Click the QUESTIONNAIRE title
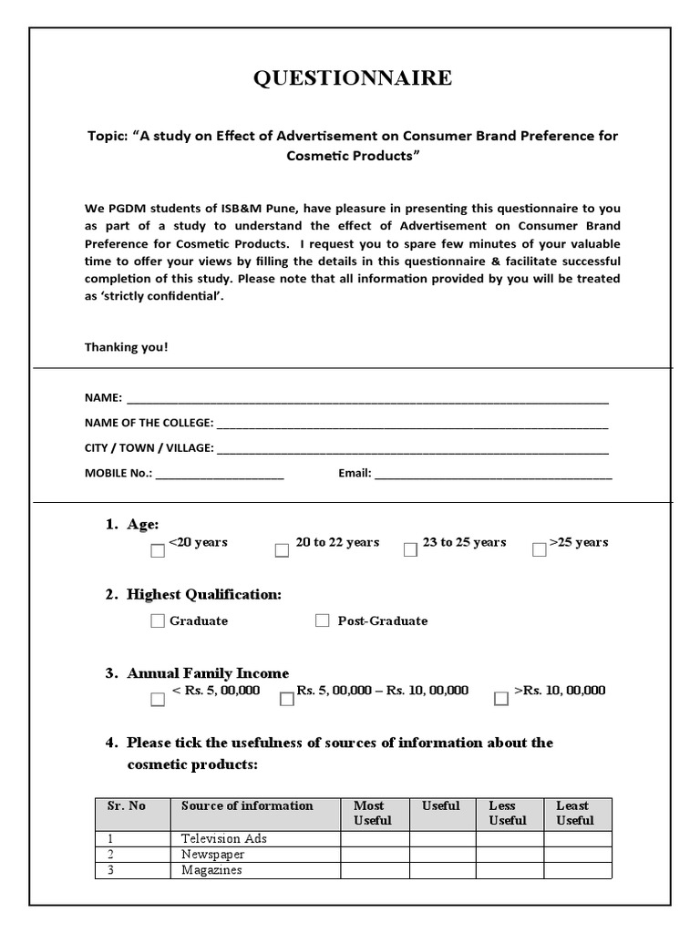[x=351, y=78]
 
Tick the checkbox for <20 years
[x=158, y=550]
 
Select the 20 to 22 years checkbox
[x=282, y=550]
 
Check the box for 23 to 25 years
[x=410, y=550]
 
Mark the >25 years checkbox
[x=539, y=550]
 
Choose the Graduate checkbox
[x=158, y=620]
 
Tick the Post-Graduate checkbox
[x=322, y=620]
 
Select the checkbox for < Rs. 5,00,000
[x=158, y=699]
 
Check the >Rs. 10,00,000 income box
[x=501, y=699]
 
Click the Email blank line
[x=493, y=475]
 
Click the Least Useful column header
[x=575, y=813]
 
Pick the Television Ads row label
[x=223, y=838]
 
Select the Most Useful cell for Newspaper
[x=375, y=855]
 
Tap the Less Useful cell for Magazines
[x=510, y=871]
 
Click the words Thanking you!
[x=127, y=347]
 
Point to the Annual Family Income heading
[x=208, y=673]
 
